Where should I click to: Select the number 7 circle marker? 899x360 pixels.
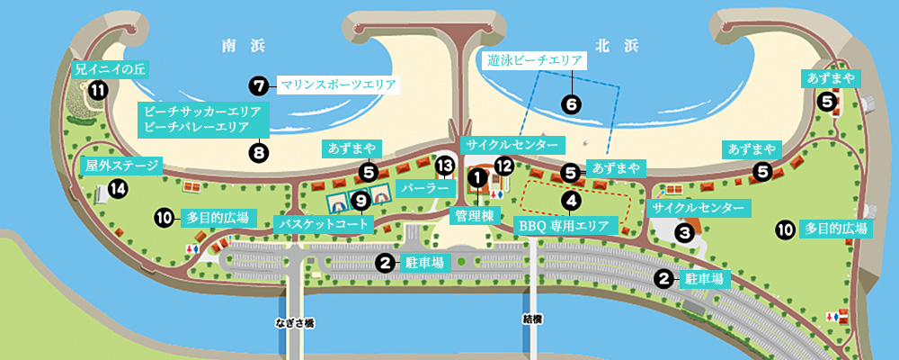coord(259,86)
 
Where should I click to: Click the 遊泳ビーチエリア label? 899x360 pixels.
coord(534,61)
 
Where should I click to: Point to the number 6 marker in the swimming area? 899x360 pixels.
coord(571,103)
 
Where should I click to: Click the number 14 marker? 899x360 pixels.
coord(117,188)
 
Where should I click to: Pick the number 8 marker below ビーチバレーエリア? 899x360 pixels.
coord(260,152)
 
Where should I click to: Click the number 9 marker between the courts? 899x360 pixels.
coord(360,199)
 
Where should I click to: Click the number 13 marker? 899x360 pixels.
coord(444,166)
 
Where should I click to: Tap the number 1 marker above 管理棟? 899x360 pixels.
coord(476,178)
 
